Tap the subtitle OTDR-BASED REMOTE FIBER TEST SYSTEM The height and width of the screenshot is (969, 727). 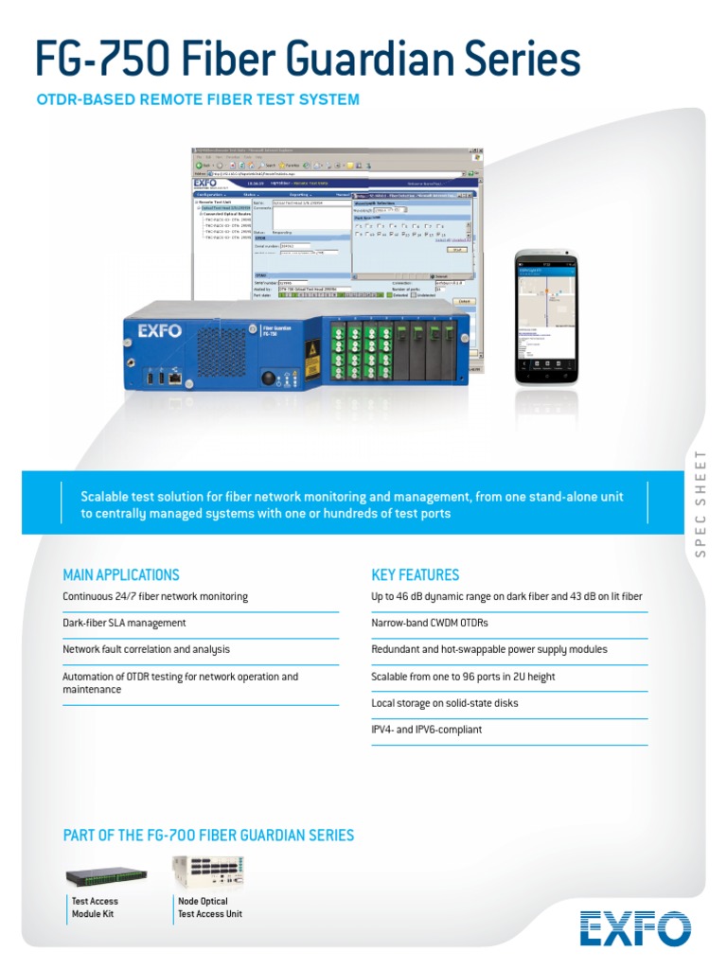pyautogui.click(x=197, y=98)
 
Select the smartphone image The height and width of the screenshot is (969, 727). pyautogui.click(x=546, y=317)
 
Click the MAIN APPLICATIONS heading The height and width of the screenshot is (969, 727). pyautogui.click(x=120, y=574)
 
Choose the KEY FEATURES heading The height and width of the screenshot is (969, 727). pyautogui.click(x=415, y=574)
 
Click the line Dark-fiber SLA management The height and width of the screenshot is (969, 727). pyautogui.click(x=124, y=624)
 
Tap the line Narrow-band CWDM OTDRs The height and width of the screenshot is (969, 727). pyautogui.click(x=430, y=624)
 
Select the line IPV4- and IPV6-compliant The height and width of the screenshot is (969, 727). pyautogui.click(x=427, y=730)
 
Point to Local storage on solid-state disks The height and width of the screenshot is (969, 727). pyautogui.click(x=445, y=703)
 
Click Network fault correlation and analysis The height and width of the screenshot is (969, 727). pyautogui.click(x=146, y=650)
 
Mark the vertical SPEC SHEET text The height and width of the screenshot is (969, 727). pyautogui.click(x=701, y=503)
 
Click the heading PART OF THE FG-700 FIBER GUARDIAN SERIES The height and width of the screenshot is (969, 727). pyautogui.click(x=208, y=835)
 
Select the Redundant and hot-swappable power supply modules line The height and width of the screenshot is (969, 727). pyautogui.click(x=489, y=650)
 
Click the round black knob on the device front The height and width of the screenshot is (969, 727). pyautogui.click(x=268, y=378)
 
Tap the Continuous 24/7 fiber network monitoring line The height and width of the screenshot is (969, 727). pyautogui.click(x=155, y=597)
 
